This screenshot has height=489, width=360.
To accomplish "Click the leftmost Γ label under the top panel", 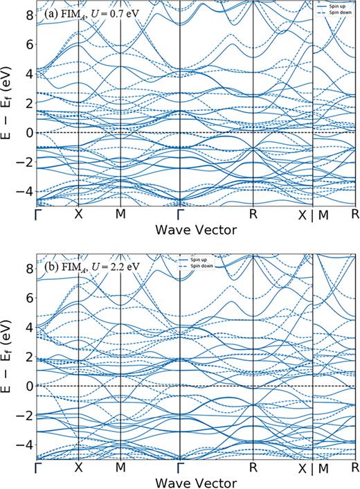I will pyautogui.click(x=36, y=215).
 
